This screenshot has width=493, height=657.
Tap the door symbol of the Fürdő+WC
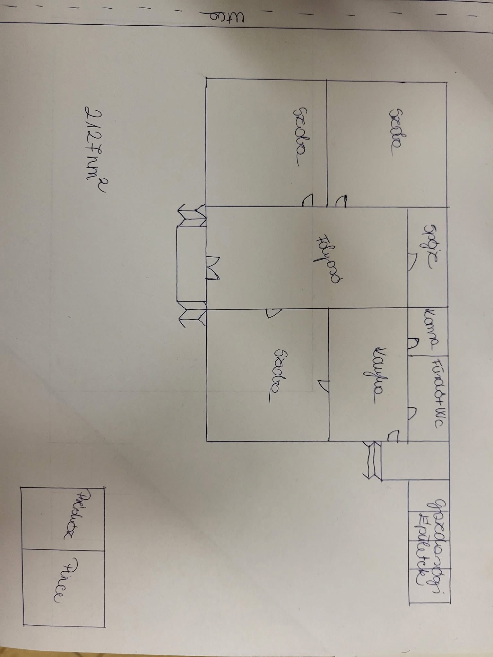(413, 414)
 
